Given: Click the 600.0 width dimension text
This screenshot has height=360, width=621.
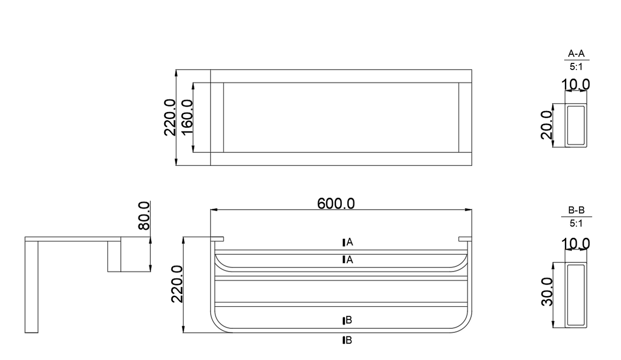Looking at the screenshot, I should pos(336,203).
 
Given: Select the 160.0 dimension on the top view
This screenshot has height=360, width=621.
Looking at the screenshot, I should pos(186,117).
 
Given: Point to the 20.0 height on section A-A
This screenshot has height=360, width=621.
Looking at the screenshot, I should pos(547,125).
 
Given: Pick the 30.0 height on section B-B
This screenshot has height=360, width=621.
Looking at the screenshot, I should pos(547,292).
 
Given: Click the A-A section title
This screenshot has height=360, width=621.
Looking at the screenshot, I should pos(576,54).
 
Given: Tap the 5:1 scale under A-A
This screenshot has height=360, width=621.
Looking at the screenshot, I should pos(576,66).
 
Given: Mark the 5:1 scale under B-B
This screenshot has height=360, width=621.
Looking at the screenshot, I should pos(576,223).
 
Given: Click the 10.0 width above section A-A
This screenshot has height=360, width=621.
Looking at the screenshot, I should pos(576,84).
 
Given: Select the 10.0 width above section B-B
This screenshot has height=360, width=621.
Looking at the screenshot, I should pos(576,244).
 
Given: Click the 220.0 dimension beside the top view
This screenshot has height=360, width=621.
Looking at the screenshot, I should pos(170,117).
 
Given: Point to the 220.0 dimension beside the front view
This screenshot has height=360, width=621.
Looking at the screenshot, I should pos(177,284).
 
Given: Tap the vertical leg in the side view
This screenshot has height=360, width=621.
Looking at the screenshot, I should pos(32,286).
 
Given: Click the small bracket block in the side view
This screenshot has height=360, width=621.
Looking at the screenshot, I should pos(114,256).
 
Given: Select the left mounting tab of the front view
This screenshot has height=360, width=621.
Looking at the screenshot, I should pos(217,238).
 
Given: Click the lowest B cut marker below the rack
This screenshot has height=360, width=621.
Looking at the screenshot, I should pos(347,340).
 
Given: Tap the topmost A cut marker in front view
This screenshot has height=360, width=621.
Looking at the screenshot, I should pos(347,242).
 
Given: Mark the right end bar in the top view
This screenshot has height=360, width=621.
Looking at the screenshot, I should pos(464,117).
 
